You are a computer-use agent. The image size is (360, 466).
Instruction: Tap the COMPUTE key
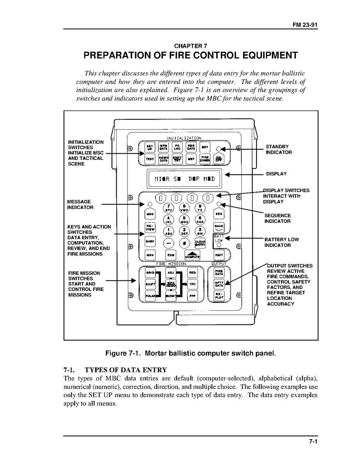pos(192,255)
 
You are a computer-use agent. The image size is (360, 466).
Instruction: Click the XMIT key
pos(219,255)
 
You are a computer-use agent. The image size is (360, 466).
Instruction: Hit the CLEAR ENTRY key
pos(200,243)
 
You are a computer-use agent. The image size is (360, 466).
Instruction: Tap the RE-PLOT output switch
pos(219,296)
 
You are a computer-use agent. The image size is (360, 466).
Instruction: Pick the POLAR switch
pos(150,296)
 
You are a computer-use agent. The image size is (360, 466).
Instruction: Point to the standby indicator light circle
pos(219,148)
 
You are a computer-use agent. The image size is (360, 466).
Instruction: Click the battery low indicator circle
pos(219,245)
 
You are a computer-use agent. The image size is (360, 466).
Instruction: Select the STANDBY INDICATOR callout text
pos(278,149)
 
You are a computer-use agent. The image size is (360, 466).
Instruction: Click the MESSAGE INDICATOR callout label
pos(80,205)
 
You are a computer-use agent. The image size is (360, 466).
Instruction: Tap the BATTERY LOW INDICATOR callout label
pos(281,242)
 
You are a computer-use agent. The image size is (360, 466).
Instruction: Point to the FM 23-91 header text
pos(306,25)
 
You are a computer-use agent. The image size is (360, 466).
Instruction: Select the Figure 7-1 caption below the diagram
pos(190,354)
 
